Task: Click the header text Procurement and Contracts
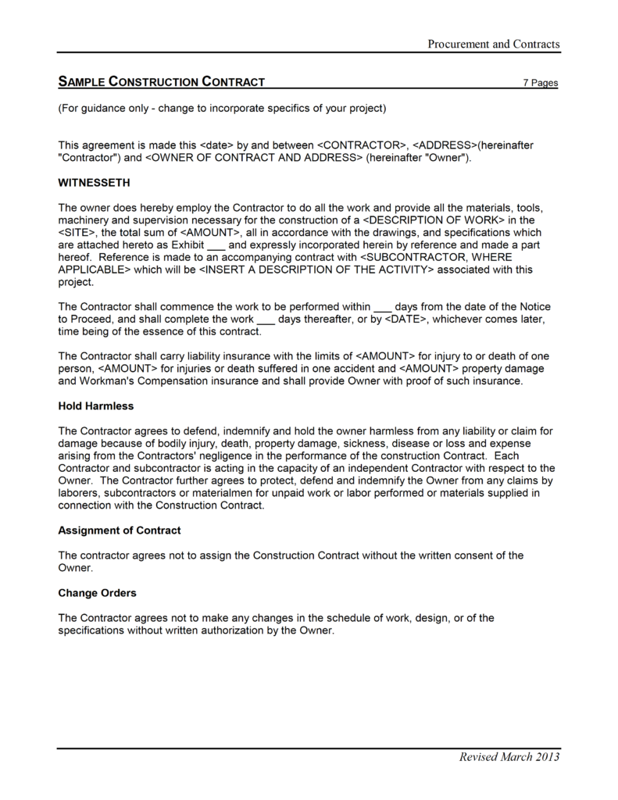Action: pyautogui.click(x=493, y=44)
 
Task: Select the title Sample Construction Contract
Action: pyautogui.click(x=162, y=81)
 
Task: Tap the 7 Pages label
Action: pyautogui.click(x=540, y=83)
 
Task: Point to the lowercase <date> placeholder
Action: pyautogui.click(x=218, y=145)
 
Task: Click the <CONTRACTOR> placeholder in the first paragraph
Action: pyautogui.click(x=362, y=145)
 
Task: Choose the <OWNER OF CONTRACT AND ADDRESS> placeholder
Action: pyautogui.click(x=254, y=158)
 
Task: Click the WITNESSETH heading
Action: pyautogui.click(x=95, y=183)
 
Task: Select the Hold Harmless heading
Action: pyautogui.click(x=96, y=406)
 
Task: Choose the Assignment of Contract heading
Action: pyautogui.click(x=120, y=530)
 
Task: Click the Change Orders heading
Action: pyautogui.click(x=97, y=593)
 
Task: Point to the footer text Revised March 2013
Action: pyautogui.click(x=509, y=756)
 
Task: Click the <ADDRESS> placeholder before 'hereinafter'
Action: pyautogui.click(x=443, y=145)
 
